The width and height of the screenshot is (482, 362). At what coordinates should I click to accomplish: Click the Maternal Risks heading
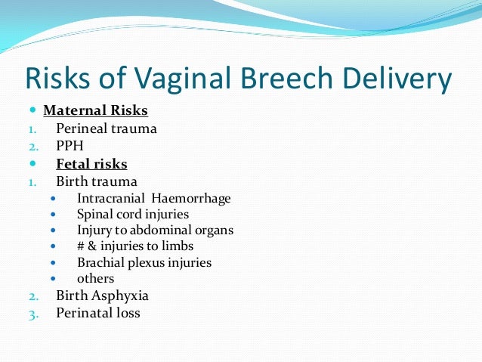click(x=95, y=111)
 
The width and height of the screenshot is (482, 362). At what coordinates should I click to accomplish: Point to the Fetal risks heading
click(x=91, y=164)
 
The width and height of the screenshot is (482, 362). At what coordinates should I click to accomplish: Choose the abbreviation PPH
click(x=70, y=146)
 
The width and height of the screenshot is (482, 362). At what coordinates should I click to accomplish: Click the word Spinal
click(x=96, y=215)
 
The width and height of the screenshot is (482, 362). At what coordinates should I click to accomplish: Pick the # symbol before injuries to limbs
click(x=82, y=246)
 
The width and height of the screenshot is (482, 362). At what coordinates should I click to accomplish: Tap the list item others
click(x=95, y=279)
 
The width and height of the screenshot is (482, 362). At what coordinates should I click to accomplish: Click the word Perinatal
click(x=83, y=312)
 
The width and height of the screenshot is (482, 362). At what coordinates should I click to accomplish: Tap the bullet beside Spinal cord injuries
click(x=52, y=215)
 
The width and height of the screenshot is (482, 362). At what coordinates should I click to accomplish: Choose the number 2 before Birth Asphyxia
click(x=32, y=296)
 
